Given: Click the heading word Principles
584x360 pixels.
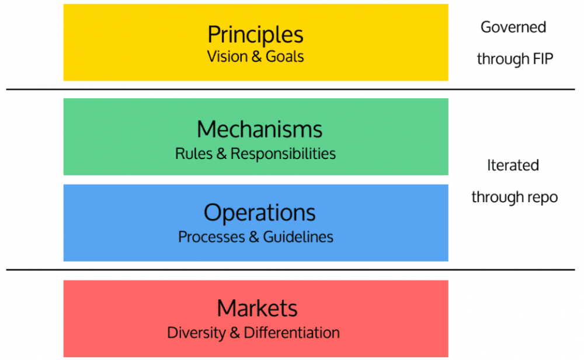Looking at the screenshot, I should tap(255, 35).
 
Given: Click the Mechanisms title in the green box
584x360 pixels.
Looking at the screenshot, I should tap(259, 129).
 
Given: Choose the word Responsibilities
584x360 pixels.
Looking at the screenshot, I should tap(283, 154).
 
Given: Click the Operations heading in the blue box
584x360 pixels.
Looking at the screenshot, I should tap(259, 213).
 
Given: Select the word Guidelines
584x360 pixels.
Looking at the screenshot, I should tap(298, 237).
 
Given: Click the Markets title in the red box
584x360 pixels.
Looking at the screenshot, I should tap(257, 309).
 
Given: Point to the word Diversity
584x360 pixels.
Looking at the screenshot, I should tap(196, 333).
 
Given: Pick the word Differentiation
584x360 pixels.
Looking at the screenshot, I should tap(292, 333).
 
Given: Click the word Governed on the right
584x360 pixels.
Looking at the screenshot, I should tap(513, 27).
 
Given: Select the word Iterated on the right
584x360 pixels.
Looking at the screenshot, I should tap(513, 165).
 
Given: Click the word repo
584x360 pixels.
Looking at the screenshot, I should tap(543, 198).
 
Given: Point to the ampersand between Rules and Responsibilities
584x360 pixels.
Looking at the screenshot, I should tap(221, 154).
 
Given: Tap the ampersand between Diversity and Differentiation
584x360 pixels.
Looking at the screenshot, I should tap(235, 333).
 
